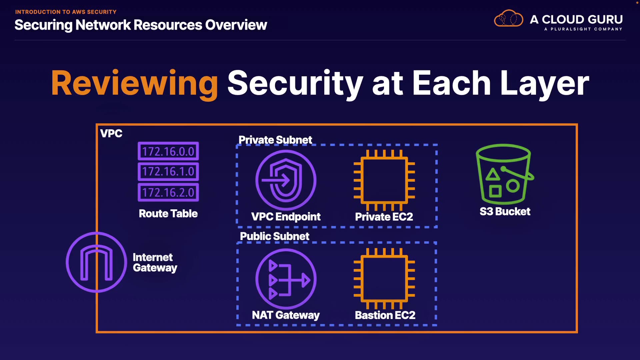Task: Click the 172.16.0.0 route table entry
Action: click(168, 151)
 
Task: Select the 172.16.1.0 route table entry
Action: click(168, 172)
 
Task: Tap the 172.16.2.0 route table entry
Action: click(168, 192)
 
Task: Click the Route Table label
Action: click(168, 214)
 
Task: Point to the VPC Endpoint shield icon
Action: click(286, 180)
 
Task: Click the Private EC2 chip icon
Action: click(384, 180)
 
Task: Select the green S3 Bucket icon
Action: click(505, 174)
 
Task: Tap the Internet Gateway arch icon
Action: click(96, 262)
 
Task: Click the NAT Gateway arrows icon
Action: click(286, 279)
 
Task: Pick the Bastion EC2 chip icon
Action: click(384, 279)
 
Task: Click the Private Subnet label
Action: click(275, 140)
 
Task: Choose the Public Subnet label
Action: click(275, 236)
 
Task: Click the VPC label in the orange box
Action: click(111, 134)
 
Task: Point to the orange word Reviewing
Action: click(135, 84)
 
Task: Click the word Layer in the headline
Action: click(545, 84)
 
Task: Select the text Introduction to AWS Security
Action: click(66, 12)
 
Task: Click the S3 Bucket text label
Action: click(505, 212)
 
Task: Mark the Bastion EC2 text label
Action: click(385, 315)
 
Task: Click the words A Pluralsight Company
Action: click(583, 29)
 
